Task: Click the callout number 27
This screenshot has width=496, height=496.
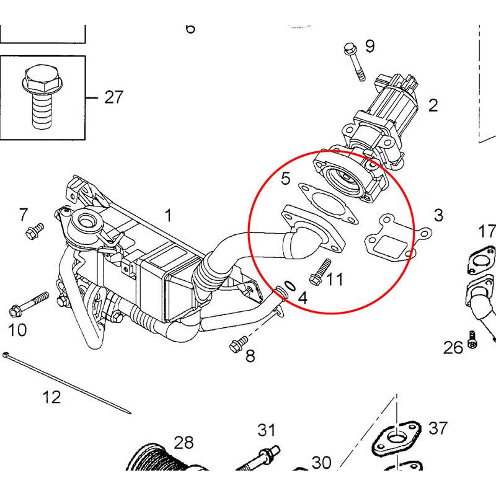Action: click(113, 97)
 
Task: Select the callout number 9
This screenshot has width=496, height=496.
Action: click(370, 46)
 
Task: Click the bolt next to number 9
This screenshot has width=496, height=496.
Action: click(354, 62)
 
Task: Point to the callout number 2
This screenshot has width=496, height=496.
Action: click(433, 105)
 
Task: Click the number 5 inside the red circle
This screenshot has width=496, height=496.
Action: click(285, 179)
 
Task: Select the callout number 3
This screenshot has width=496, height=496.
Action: click(438, 215)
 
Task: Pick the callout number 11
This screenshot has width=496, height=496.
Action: click(335, 280)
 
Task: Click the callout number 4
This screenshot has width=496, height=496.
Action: click(303, 297)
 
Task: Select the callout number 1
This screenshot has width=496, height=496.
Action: click(168, 216)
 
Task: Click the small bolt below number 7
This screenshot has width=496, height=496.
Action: click(33, 231)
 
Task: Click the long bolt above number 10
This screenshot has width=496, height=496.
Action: click(29, 303)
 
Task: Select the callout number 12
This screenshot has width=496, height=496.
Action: click(52, 397)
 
